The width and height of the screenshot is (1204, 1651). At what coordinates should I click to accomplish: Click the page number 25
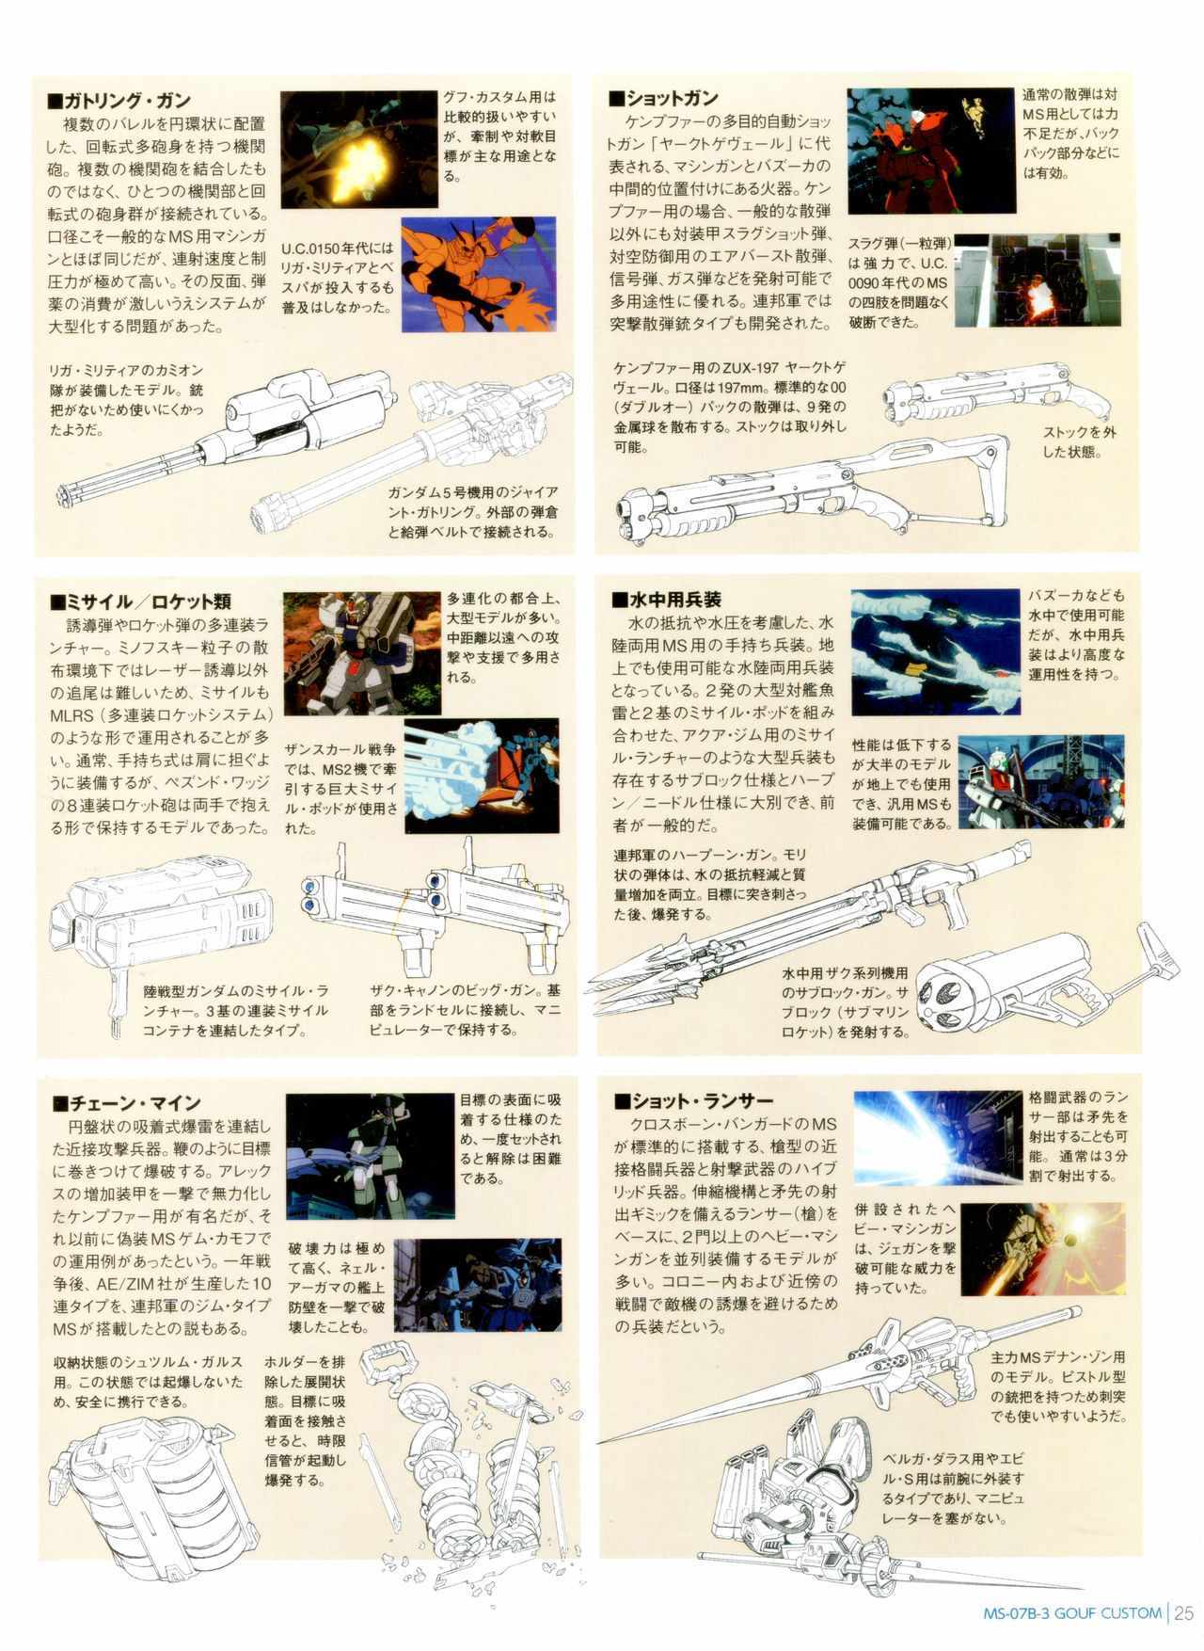point(1183,1613)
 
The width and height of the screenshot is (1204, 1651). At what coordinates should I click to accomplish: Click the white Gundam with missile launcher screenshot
point(362,654)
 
